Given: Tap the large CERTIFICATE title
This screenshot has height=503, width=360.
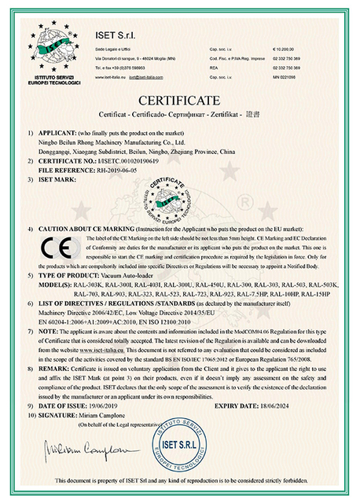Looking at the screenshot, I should pyautogui.click(x=180, y=101).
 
